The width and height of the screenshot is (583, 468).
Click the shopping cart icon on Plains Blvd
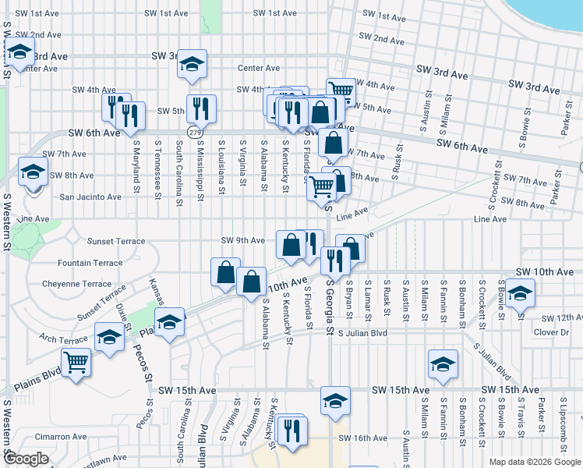pos(76,362)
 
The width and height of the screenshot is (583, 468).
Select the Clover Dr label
pos(552,332)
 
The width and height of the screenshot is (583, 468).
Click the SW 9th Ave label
pos(243,240)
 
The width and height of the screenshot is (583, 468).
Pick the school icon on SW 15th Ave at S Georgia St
pos(335,401)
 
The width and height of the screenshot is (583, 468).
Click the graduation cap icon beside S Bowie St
pos(519,294)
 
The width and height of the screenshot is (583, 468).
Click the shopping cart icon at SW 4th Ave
pos(340,90)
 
